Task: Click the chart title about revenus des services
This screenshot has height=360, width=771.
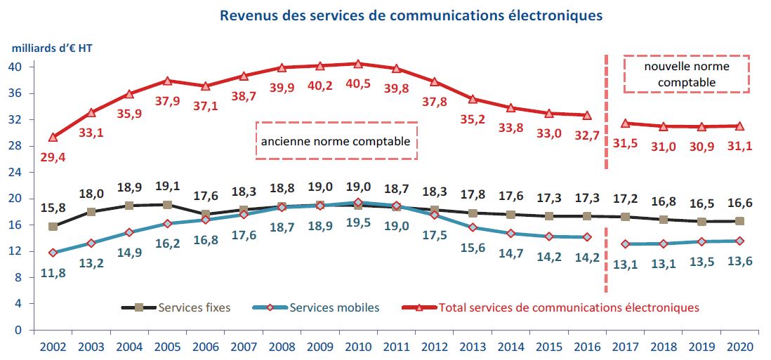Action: [x=411, y=15]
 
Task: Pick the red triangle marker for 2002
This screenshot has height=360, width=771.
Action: [x=53, y=137]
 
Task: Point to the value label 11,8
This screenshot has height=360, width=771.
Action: [x=53, y=272]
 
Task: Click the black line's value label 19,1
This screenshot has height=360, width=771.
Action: [x=167, y=187]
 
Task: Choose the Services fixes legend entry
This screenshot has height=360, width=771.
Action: [x=179, y=307]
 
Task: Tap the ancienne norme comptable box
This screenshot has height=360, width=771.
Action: [x=336, y=140]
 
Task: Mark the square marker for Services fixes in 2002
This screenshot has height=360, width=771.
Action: [x=53, y=227]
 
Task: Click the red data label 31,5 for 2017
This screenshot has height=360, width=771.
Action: [x=625, y=143]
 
